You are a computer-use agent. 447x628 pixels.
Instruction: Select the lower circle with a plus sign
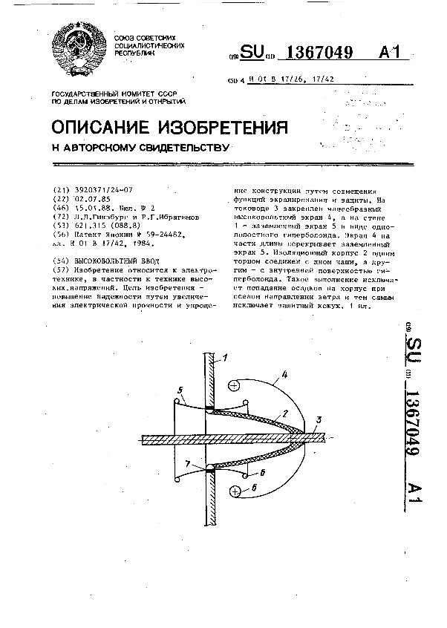pyautogui.click(x=236, y=491)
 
